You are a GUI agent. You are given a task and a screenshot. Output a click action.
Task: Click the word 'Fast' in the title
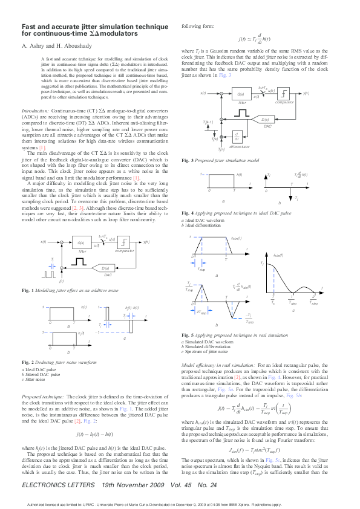[28, 27]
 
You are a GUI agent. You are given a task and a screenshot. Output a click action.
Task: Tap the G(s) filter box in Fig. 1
[82, 242]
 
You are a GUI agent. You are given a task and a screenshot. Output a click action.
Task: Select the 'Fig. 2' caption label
[27, 362]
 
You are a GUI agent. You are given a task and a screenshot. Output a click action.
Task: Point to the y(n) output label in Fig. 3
[306, 94]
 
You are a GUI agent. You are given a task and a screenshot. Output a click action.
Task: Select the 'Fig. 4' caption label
[187, 215]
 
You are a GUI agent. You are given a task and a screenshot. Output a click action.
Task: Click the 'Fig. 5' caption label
[187, 335]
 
